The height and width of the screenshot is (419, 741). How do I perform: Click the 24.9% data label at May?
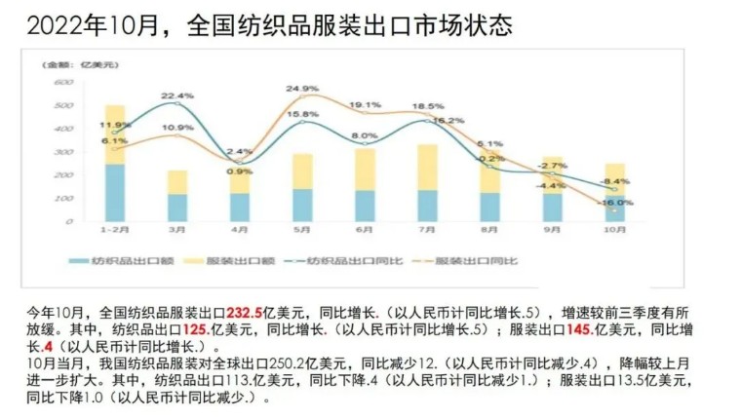pyautogui.click(x=301, y=89)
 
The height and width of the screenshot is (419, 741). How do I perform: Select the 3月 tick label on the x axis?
pyautogui.click(x=176, y=230)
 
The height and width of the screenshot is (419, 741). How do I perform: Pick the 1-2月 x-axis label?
pyautogui.click(x=114, y=230)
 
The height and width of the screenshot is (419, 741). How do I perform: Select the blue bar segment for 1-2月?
pyautogui.click(x=115, y=192)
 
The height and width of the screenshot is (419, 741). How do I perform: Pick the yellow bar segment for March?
pyautogui.click(x=176, y=182)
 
